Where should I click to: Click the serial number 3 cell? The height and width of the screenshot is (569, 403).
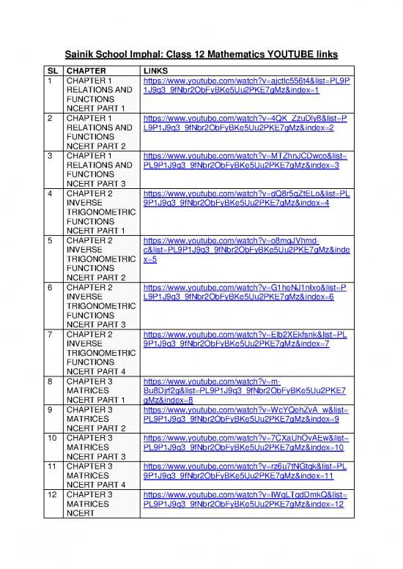(x=51, y=155)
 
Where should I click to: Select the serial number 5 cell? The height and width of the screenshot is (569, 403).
(x=51, y=240)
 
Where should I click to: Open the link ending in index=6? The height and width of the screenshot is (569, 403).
(x=246, y=293)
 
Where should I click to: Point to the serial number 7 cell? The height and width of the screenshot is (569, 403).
(x=51, y=335)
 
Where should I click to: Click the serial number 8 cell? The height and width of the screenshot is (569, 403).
(x=51, y=382)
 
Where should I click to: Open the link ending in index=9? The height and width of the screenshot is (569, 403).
(x=246, y=414)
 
